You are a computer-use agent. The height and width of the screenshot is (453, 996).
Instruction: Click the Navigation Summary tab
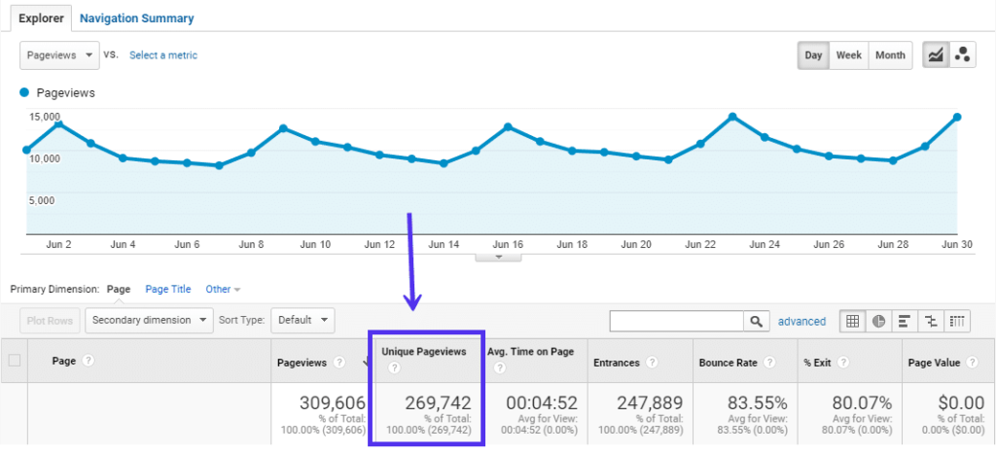[136, 18]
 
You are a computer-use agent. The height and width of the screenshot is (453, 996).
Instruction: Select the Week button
[849, 55]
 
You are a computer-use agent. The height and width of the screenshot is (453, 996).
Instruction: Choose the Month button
[890, 55]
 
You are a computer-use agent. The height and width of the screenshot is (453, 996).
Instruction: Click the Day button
[813, 55]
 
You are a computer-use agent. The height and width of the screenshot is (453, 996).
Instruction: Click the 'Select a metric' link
[163, 55]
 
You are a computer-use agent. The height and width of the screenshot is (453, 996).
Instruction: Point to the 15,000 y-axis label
[44, 117]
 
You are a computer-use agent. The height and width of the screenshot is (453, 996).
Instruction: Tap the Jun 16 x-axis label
[507, 245]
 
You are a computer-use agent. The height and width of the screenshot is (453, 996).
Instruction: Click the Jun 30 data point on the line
[958, 117]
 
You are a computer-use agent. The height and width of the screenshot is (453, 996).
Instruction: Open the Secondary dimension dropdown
[150, 319]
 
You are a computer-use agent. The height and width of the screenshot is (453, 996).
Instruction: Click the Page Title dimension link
[168, 289]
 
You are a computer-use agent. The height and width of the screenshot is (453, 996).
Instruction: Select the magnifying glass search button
[756, 321]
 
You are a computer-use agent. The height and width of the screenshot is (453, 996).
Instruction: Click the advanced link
[801, 321]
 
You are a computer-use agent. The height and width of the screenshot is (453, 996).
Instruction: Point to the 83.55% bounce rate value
[746, 403]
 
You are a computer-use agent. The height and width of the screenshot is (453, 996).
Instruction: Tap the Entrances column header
[618, 363]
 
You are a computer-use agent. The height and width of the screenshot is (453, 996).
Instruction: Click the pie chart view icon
[878, 321]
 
